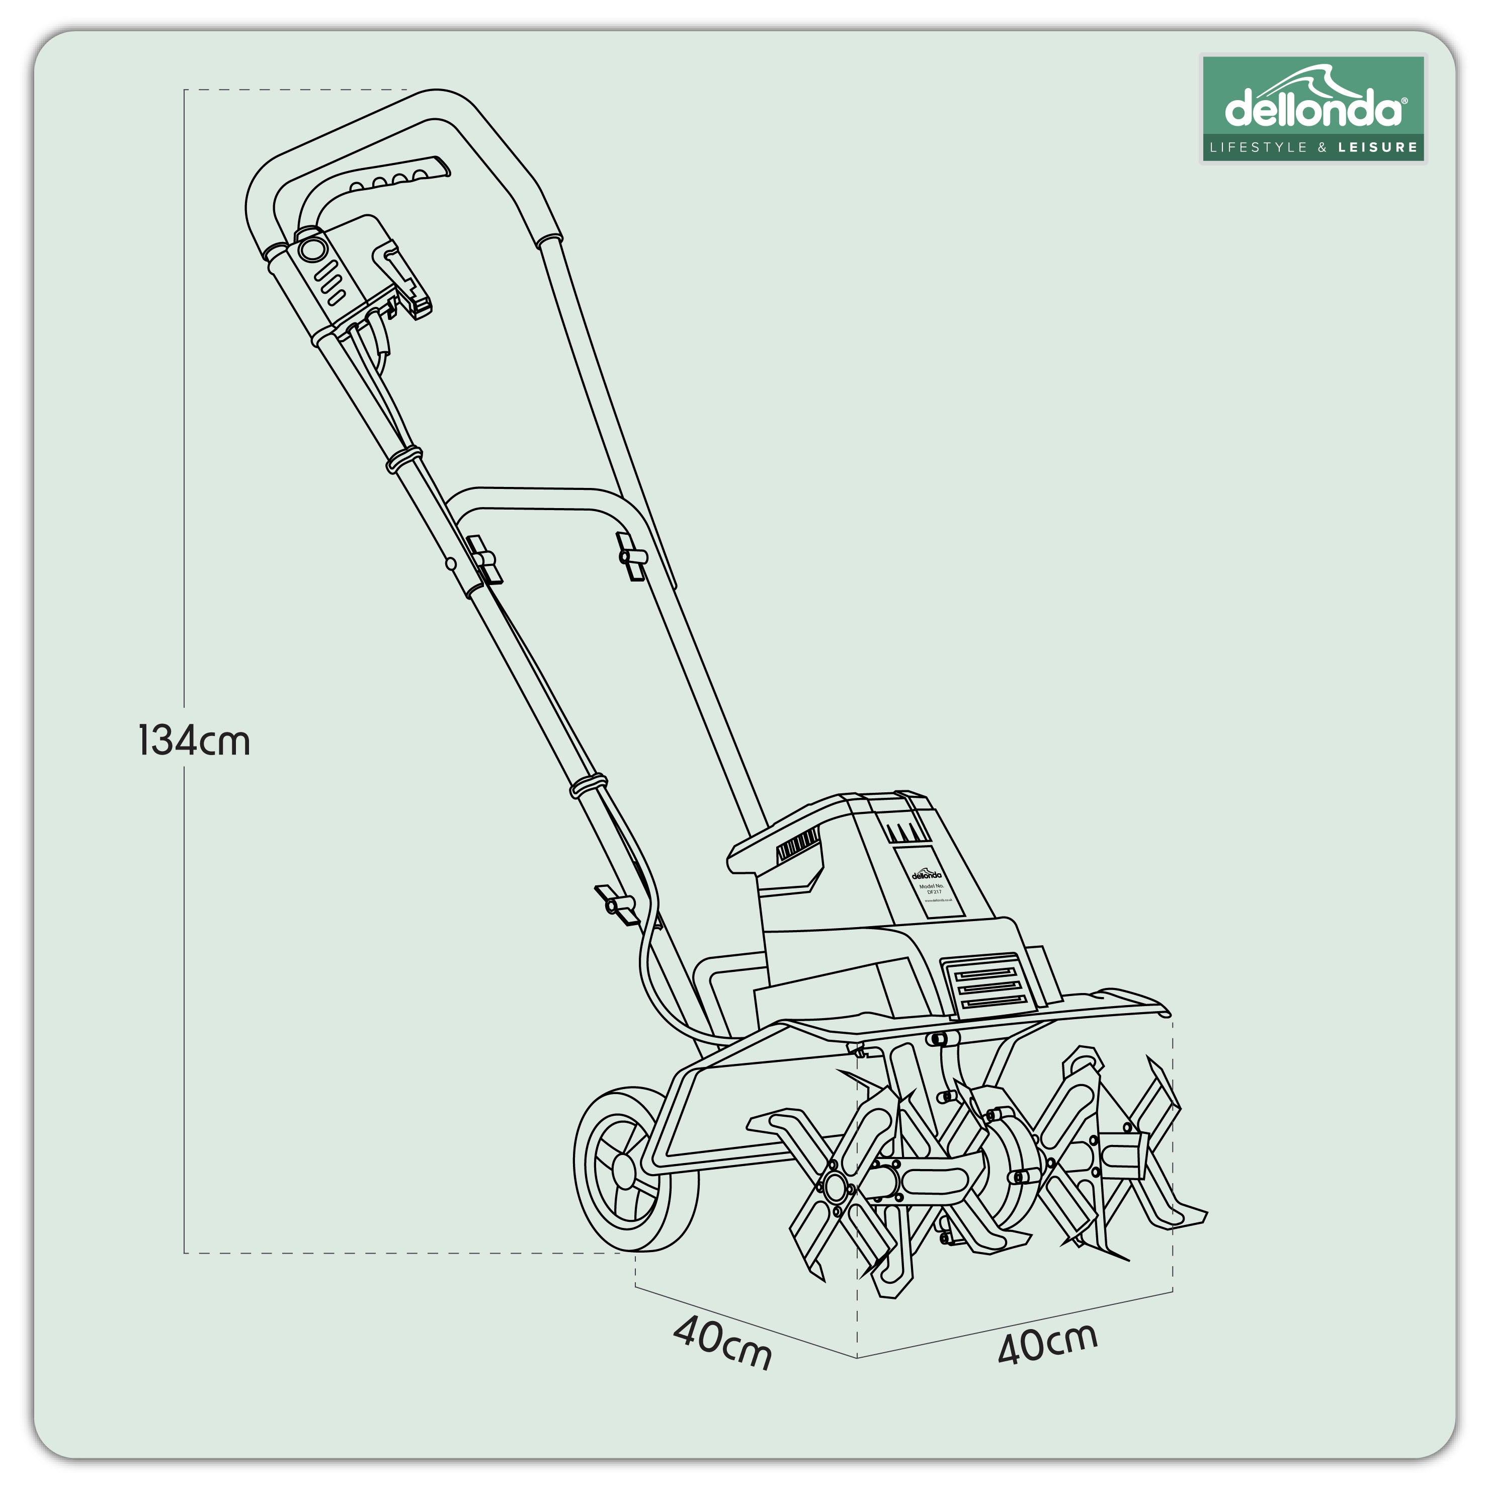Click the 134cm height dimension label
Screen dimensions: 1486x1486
194,740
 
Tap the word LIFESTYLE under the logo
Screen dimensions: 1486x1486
1258,147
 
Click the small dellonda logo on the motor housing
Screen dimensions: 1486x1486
926,874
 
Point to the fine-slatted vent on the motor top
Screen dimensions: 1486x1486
798,847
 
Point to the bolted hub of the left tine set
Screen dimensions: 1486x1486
835,1188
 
